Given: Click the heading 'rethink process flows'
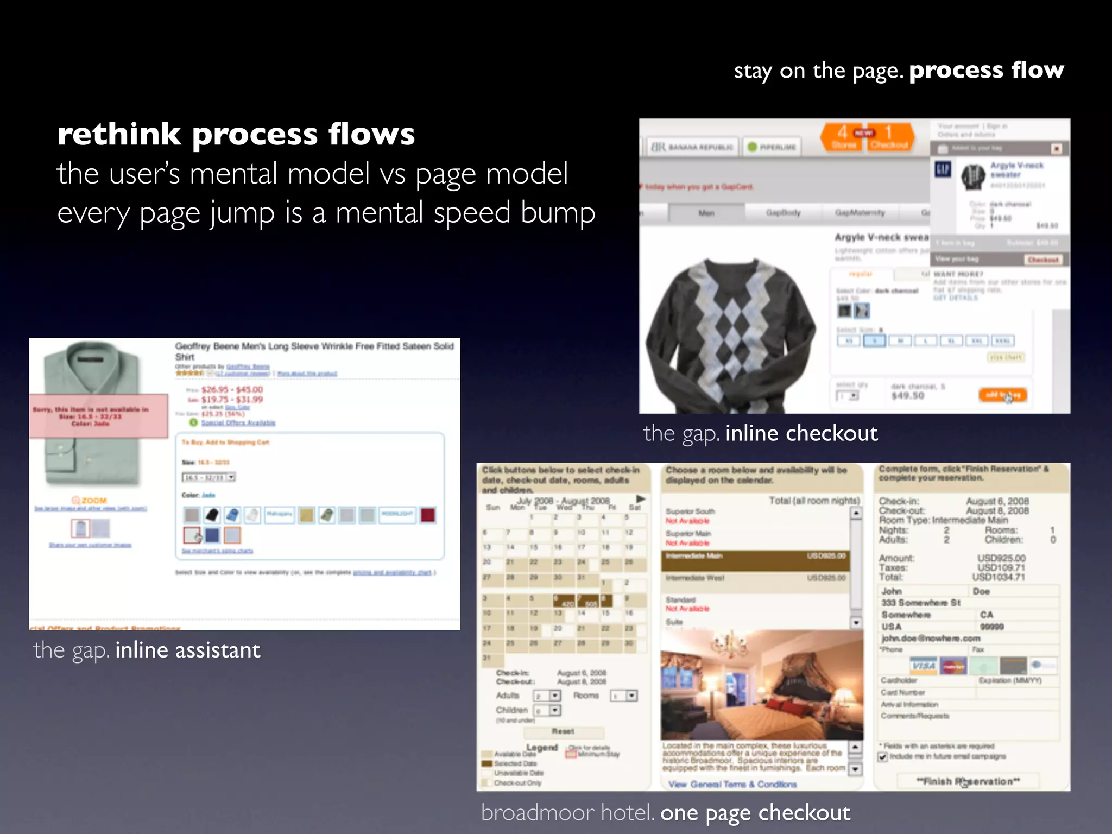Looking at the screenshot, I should pos(236,134).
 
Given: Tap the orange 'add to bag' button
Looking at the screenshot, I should pos(1002,395).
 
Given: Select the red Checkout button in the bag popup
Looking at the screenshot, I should pos(1043,260).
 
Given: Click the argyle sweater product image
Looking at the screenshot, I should pos(730,331).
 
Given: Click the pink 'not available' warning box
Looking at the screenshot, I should pos(98,416).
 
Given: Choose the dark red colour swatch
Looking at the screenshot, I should pos(428,515).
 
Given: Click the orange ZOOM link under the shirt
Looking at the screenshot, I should pos(90,500).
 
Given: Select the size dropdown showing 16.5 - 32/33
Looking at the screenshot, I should pos(208,477).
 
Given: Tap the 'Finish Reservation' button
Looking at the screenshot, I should pos(968,781).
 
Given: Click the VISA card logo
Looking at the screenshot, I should pos(923,666).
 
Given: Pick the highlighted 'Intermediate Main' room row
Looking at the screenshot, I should pos(755,557).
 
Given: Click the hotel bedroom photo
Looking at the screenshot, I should pos(761,685).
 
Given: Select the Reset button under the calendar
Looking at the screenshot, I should pos(563,731).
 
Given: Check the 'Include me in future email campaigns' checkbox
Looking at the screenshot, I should pos(883,757).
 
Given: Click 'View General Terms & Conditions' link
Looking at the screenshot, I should pos(732,784).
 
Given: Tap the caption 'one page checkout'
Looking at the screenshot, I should pos(755,813).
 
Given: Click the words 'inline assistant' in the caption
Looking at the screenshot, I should pos(188,650).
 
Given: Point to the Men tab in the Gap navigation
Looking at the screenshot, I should pos(706,213).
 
